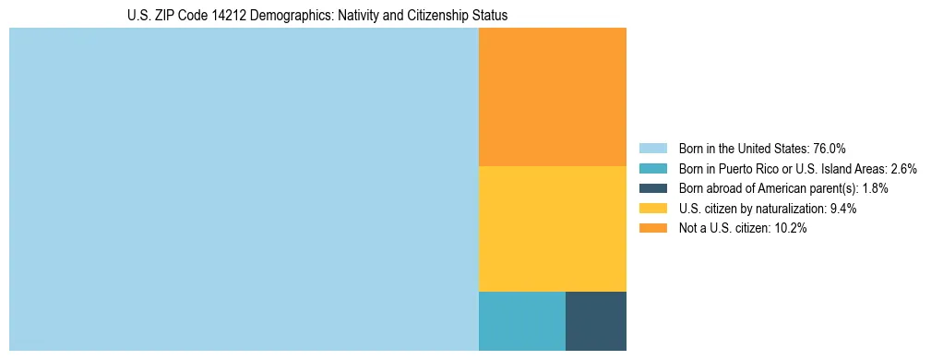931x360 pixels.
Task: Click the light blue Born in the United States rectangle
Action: (244, 189)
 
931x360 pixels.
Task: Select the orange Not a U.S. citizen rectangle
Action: (552, 97)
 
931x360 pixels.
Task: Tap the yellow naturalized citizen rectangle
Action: (552, 229)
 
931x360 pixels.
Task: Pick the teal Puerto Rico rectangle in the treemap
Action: (521, 321)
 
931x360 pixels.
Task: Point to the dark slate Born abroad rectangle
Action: (595, 321)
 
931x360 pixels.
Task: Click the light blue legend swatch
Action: (652, 148)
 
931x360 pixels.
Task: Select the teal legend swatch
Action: (652, 168)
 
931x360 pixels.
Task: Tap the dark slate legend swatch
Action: (652, 188)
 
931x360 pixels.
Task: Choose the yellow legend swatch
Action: (652, 209)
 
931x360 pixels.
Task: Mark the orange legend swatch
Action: (652, 229)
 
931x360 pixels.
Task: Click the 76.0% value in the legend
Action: (830, 148)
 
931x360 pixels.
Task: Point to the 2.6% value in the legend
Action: (903, 168)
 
